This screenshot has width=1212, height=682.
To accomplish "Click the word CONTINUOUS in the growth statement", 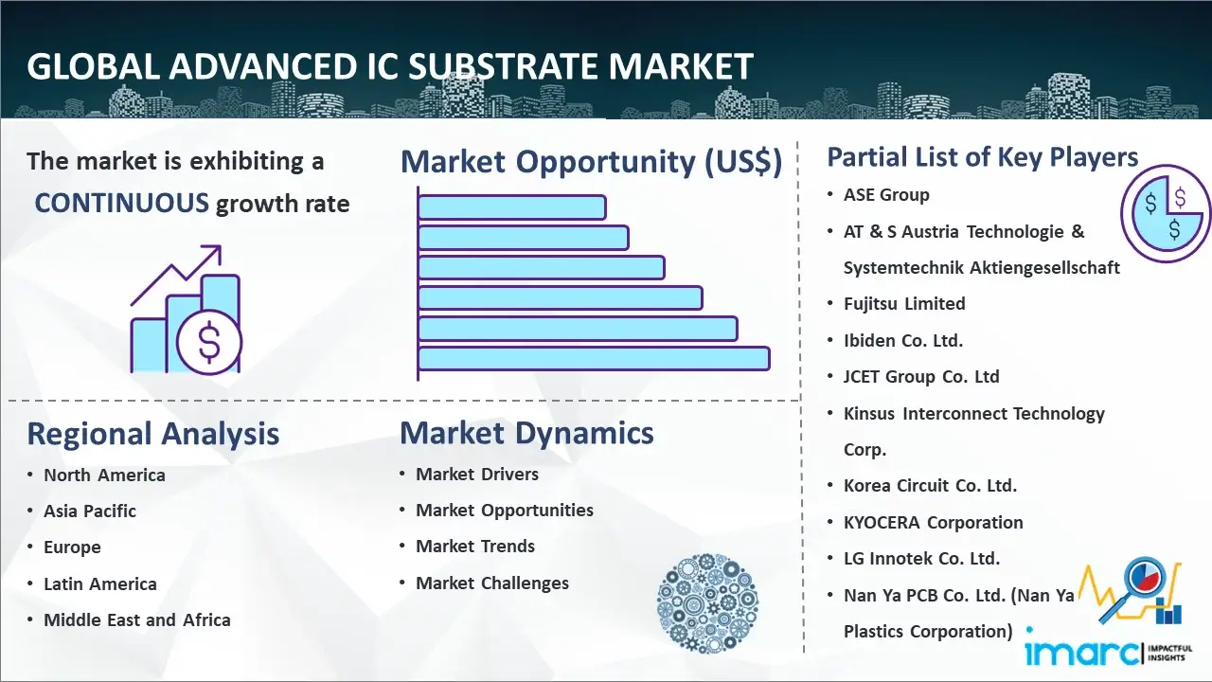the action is pos(122,203).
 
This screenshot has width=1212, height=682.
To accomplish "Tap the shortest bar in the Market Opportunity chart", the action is pos(512,207).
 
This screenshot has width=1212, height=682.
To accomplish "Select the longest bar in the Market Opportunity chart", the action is pos(594,358).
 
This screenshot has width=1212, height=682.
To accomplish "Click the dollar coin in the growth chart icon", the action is pos(209,342).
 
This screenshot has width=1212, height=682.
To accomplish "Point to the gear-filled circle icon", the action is pos(707,602).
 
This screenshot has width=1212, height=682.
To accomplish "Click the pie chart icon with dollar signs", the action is pos(1166,213).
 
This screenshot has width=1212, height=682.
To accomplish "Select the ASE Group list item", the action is pos(886,195).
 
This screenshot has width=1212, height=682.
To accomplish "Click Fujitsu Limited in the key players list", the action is pos(904,304).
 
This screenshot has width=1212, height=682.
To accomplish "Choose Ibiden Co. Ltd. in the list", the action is pos(903,340).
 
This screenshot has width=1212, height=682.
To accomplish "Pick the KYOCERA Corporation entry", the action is pos(934,522).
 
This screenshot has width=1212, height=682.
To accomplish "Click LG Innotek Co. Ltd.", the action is pos(921,558).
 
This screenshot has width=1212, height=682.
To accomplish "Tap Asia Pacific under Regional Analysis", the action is pos(90,511).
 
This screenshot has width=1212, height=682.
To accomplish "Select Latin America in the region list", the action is pos(100,584).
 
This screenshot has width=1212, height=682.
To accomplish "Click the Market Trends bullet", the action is pos(475,547).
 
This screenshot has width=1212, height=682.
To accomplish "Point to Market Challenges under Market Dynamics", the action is pos(491,583).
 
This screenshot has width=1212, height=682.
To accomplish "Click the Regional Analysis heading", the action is pos(153,434).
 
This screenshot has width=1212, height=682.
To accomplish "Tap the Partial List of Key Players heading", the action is pos(983,157).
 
